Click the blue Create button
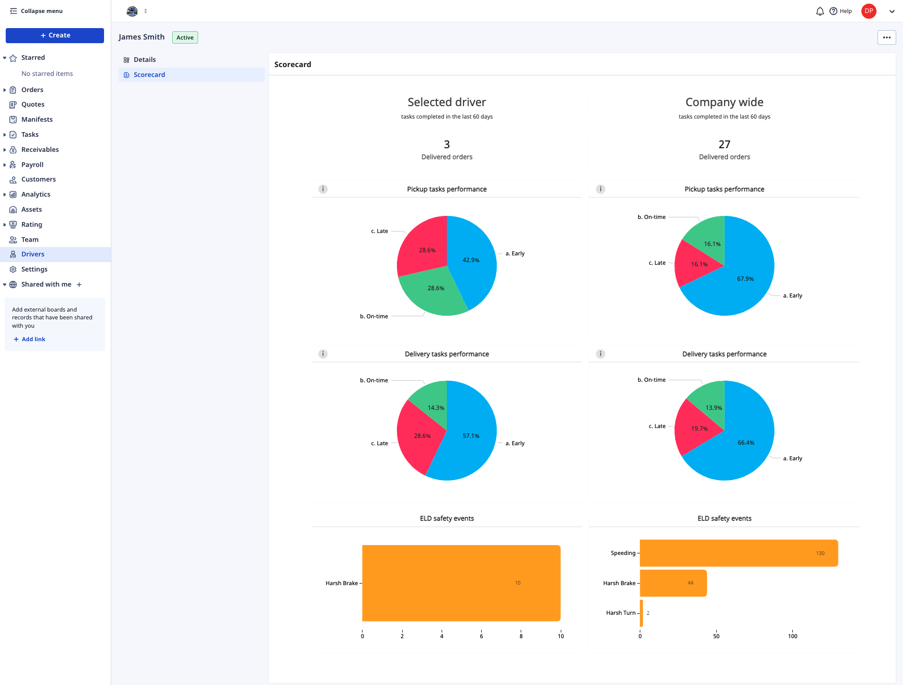[55, 35]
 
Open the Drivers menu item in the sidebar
[33, 254]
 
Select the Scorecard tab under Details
[149, 75]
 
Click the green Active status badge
[185, 37]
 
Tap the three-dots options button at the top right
[886, 37]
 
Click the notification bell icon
[820, 11]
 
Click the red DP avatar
[869, 11]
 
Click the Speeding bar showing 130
[739, 553]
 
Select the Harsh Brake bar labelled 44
[673, 583]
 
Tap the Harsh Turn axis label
[621, 613]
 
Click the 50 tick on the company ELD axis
[716, 636]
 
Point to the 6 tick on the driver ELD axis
[481, 636]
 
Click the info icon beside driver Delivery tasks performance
[323, 354]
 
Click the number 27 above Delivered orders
[724, 144]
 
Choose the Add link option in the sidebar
[33, 339]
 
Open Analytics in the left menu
[35, 195]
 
